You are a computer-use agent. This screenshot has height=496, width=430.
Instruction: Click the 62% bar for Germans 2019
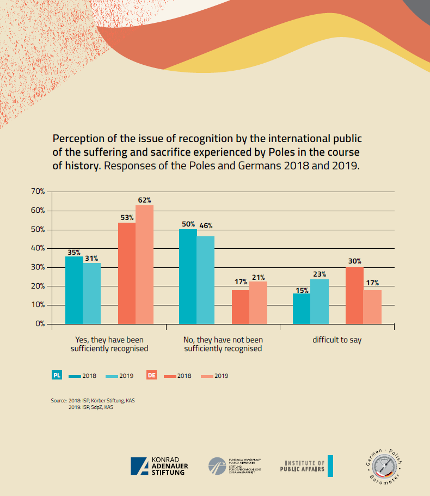tap(144, 264)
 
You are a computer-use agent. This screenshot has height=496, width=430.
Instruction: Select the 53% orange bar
tap(127, 273)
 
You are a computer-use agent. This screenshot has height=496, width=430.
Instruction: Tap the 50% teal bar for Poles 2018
tap(188, 276)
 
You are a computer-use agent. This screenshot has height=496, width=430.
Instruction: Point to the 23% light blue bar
tap(320, 302)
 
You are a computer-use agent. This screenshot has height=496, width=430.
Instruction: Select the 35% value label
tap(74, 253)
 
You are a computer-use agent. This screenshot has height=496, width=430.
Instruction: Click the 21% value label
tap(258, 277)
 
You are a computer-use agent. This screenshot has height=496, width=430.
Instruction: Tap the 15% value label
tap(302, 289)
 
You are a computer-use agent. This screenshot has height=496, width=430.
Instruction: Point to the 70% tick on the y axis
tap(38, 192)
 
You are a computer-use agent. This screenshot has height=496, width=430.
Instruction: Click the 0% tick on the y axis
tap(40, 324)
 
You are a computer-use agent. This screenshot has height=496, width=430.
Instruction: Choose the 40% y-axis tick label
tap(38, 248)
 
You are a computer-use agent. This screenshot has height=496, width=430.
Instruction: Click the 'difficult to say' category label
tap(337, 340)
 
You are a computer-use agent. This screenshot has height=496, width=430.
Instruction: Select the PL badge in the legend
tap(57, 375)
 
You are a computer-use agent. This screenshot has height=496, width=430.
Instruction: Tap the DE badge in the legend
tap(152, 375)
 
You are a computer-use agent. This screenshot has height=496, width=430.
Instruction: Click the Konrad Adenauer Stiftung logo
tap(158, 466)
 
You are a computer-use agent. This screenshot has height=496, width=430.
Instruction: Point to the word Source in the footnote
tap(59, 401)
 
